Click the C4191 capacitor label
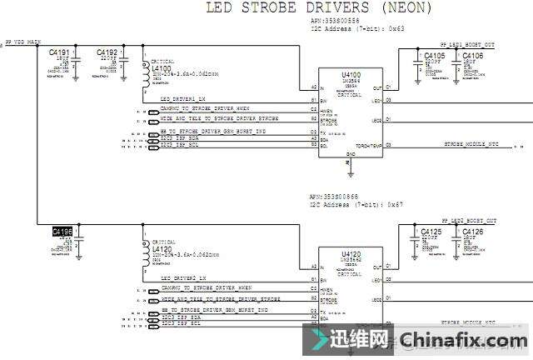(x=60, y=52)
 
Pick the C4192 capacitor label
(x=107, y=52)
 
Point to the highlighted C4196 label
(x=62, y=231)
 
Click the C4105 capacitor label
(x=434, y=56)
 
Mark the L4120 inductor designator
(x=161, y=248)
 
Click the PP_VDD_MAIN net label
(x=25, y=41)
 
